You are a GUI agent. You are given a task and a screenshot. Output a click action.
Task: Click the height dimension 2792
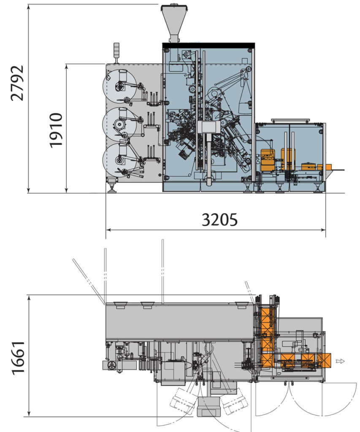pyautogui.click(x=17, y=83)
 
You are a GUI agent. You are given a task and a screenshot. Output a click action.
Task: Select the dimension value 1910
pyautogui.click(x=56, y=130)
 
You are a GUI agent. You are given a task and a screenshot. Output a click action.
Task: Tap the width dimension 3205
pyautogui.click(x=219, y=219)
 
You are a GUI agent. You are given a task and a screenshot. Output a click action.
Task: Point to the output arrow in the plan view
pyautogui.click(x=340, y=361)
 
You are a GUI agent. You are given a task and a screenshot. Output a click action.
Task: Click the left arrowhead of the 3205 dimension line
pyautogui.click(x=108, y=230)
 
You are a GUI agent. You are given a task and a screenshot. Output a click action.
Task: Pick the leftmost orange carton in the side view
pyautogui.click(x=267, y=160)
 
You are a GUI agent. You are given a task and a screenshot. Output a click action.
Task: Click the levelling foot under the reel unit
pyautogui.click(x=112, y=186)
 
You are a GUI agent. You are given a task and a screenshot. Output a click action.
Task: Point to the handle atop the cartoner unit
pyautogui.click(x=290, y=121)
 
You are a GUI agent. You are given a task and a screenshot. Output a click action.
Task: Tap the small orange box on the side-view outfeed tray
pyautogui.click(x=327, y=167)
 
